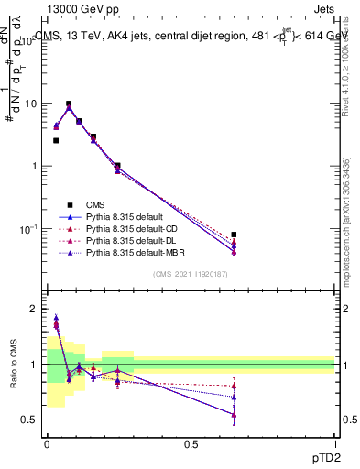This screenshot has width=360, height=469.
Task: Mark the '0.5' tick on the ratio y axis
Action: coord(32,420)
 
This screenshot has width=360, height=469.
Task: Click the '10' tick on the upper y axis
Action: coord(30,104)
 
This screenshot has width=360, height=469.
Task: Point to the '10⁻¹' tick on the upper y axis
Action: coord(28,228)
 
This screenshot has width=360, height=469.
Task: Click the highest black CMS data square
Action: coord(69,104)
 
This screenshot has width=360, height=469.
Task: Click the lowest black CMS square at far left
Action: coord(56,140)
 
